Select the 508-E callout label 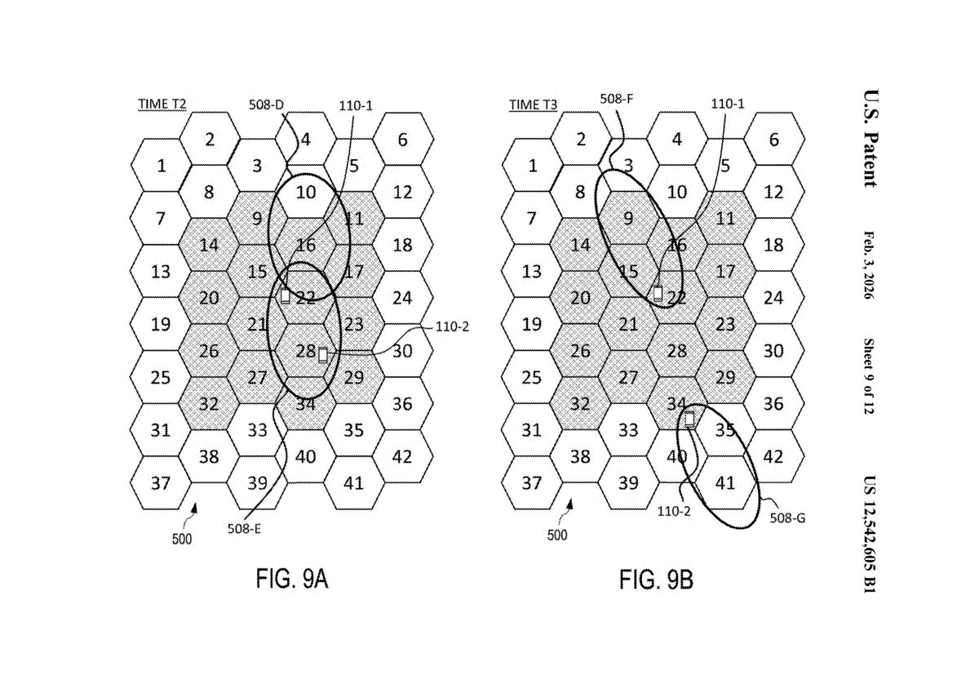[x=245, y=530]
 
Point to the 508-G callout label [x=788, y=517]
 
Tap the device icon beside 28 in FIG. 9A [x=323, y=354]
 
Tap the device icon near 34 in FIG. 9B [x=689, y=420]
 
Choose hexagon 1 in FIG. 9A [x=161, y=167]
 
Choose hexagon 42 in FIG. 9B [x=773, y=456]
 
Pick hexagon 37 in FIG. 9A [x=161, y=482]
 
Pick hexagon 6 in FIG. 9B [x=773, y=140]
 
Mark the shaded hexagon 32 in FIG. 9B [x=580, y=404]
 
